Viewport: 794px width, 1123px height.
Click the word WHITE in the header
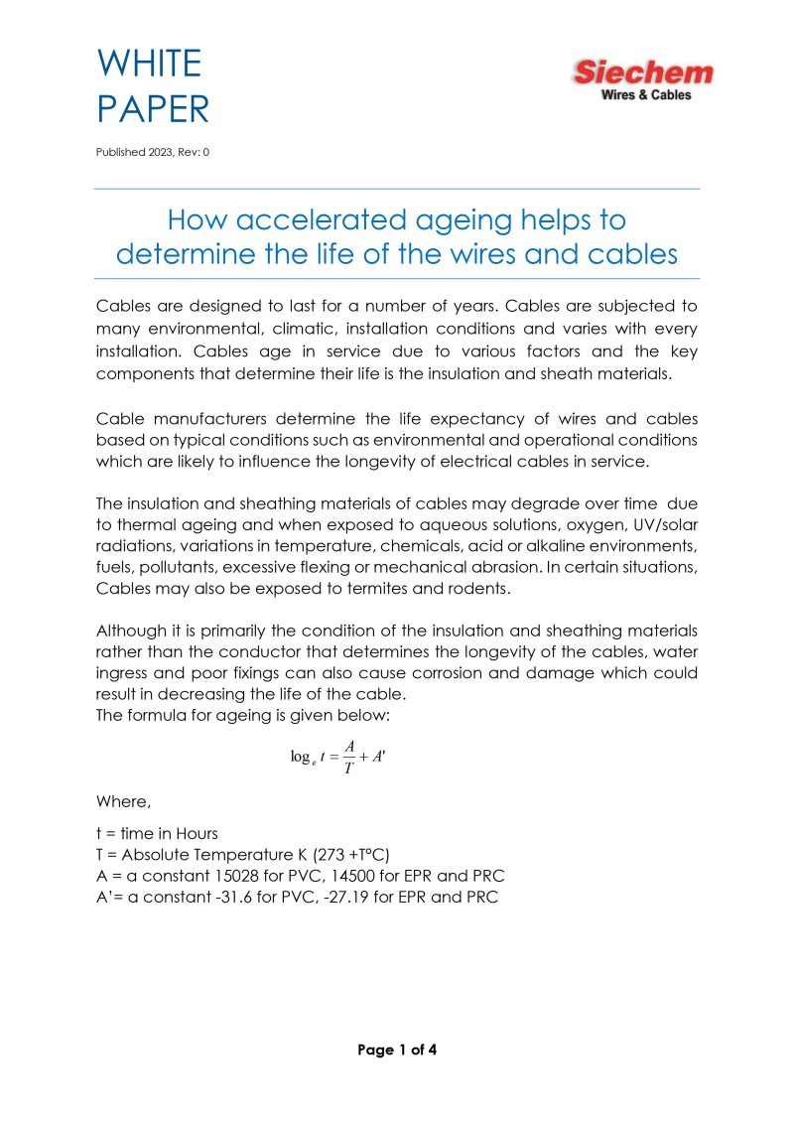[149, 64]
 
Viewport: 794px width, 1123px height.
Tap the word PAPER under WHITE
[153, 109]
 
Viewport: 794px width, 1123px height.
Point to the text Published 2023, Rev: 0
[153, 152]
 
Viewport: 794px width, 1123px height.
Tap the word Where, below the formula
[123, 800]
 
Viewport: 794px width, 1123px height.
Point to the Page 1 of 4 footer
[397, 1049]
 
